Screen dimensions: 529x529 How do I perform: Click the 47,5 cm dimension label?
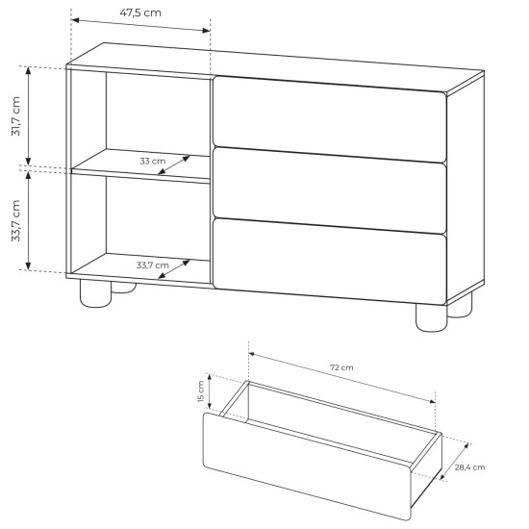(140, 13)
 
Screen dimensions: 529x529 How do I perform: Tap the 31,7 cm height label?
(15, 116)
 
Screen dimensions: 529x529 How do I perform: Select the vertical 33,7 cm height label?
(15, 220)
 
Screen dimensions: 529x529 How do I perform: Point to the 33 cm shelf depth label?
(153, 161)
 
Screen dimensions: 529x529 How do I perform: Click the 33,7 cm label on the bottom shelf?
(153, 265)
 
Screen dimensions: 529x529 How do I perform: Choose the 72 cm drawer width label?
(341, 367)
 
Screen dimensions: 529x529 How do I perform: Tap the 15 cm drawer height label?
(201, 391)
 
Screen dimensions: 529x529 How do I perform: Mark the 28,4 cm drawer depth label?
(469, 467)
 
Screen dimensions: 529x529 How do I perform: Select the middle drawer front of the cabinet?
(330, 190)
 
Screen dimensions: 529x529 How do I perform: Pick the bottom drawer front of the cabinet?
(330, 262)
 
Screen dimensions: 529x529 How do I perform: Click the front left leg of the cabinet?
(95, 293)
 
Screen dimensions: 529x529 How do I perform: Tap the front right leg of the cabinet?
(431, 317)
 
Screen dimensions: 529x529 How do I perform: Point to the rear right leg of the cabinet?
(460, 306)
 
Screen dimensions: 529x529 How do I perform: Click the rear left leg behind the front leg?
(123, 288)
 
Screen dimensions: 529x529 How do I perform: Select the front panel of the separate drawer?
(307, 466)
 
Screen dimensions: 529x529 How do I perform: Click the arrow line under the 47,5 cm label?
(140, 25)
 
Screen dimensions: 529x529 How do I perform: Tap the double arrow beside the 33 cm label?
(174, 165)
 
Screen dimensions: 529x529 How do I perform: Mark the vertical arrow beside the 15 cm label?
(210, 391)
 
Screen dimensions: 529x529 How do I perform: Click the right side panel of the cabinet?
(466, 187)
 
